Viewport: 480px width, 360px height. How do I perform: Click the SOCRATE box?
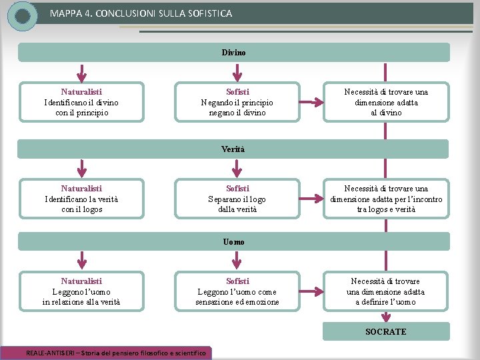click(x=386, y=331)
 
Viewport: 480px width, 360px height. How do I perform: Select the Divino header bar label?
click(x=233, y=53)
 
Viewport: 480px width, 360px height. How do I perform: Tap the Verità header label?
click(x=233, y=149)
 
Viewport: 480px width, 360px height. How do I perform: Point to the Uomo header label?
click(x=233, y=242)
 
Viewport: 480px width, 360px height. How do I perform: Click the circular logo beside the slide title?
click(x=23, y=16)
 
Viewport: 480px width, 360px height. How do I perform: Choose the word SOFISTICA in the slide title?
click(x=210, y=13)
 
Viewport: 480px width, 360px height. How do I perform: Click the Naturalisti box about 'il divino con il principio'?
click(x=81, y=102)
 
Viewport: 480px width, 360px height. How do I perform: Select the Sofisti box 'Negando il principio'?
click(x=237, y=102)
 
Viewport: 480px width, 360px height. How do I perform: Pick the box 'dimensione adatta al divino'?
click(x=386, y=102)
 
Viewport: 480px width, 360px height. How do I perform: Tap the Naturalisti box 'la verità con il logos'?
click(x=81, y=199)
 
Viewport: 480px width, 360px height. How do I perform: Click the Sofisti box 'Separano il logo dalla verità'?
click(x=237, y=199)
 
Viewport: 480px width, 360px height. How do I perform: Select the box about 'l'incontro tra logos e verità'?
click(x=386, y=199)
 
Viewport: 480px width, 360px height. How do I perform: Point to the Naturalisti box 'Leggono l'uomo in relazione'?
click(x=81, y=291)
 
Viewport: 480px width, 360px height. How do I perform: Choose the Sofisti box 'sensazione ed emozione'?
click(x=237, y=291)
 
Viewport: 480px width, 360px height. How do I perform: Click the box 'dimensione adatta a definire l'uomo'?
click(x=386, y=291)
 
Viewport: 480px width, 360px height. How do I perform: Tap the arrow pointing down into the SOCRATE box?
click(x=386, y=317)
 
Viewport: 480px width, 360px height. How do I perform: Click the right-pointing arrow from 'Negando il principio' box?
click(x=311, y=102)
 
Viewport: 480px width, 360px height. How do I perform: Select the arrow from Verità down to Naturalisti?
click(x=82, y=169)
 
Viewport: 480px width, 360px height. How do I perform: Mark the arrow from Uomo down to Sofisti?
click(x=236, y=260)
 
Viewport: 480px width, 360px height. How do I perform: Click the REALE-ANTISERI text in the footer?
click(x=50, y=353)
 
